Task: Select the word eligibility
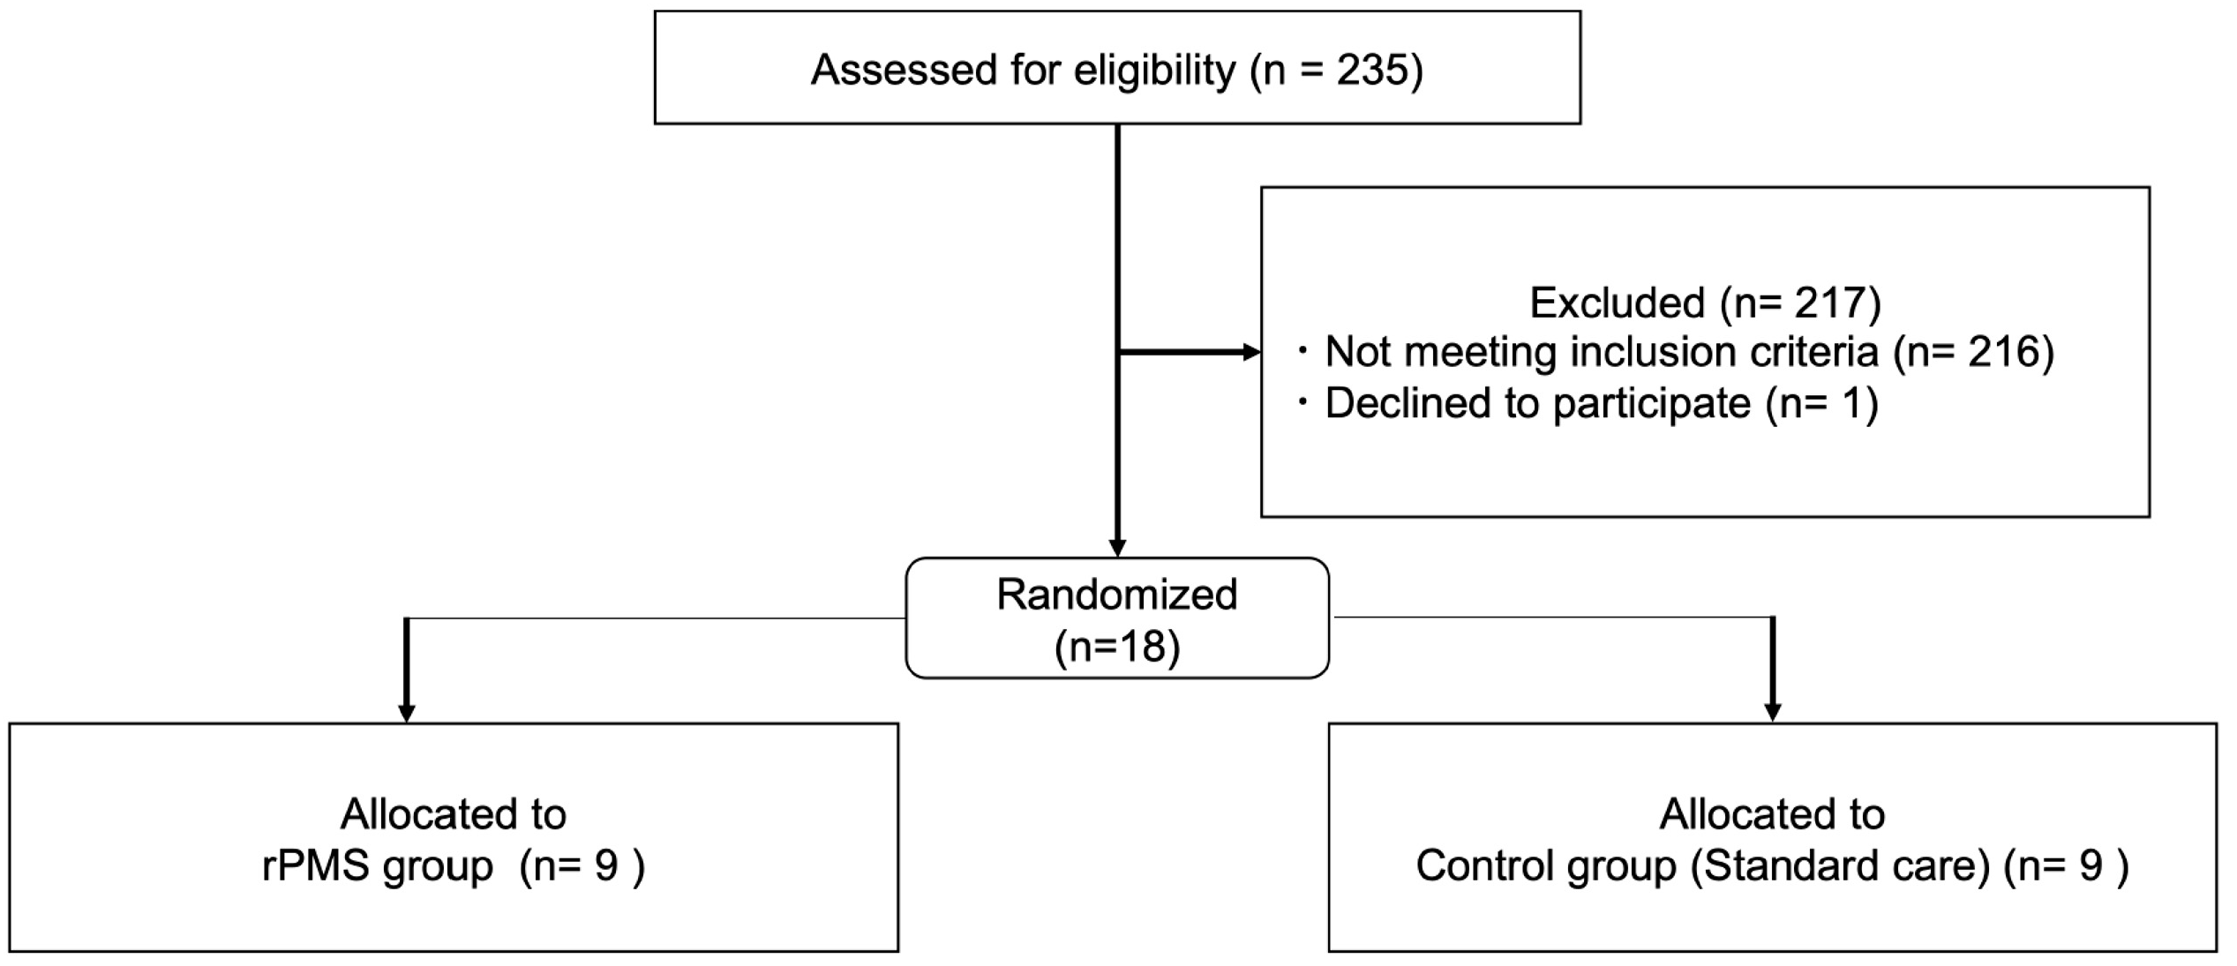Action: pos(1153,70)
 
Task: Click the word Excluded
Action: pos(1617,303)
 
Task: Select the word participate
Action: pos(1651,403)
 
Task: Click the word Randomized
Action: pos(1116,595)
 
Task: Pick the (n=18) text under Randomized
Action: pos(1116,647)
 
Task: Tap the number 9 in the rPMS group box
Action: pos(606,866)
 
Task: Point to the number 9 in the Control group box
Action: pos(2091,866)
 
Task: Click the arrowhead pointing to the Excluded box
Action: pos(1251,353)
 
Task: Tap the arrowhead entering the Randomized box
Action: pos(1117,548)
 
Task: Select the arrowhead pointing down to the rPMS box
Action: pos(406,713)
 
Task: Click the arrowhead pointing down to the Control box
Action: pos(1772,712)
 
